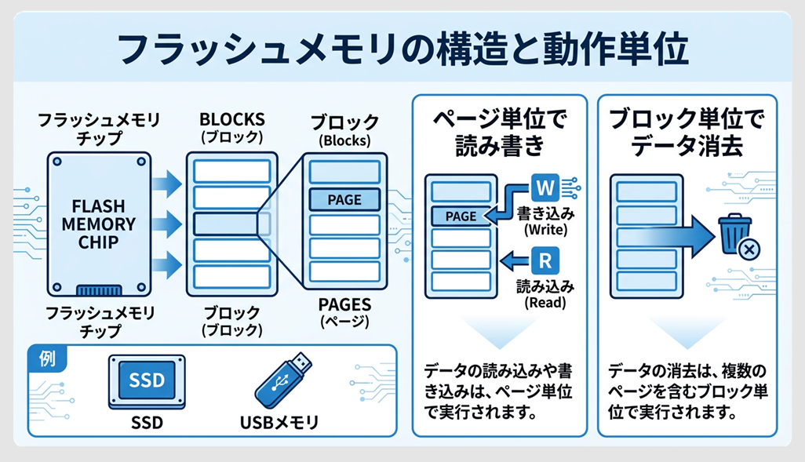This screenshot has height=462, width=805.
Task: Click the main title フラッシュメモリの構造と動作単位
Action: (402, 49)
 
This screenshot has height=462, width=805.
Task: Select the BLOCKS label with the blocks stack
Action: (231, 127)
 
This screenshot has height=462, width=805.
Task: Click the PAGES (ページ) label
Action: (344, 312)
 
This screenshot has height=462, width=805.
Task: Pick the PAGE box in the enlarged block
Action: (344, 199)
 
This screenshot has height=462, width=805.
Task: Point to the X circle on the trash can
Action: (749, 249)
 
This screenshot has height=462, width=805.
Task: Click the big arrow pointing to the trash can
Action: (675, 235)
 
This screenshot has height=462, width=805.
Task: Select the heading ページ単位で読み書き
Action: (499, 133)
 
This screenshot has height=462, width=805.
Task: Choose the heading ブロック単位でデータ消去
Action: (687, 133)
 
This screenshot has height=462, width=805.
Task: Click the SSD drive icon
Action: (147, 381)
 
